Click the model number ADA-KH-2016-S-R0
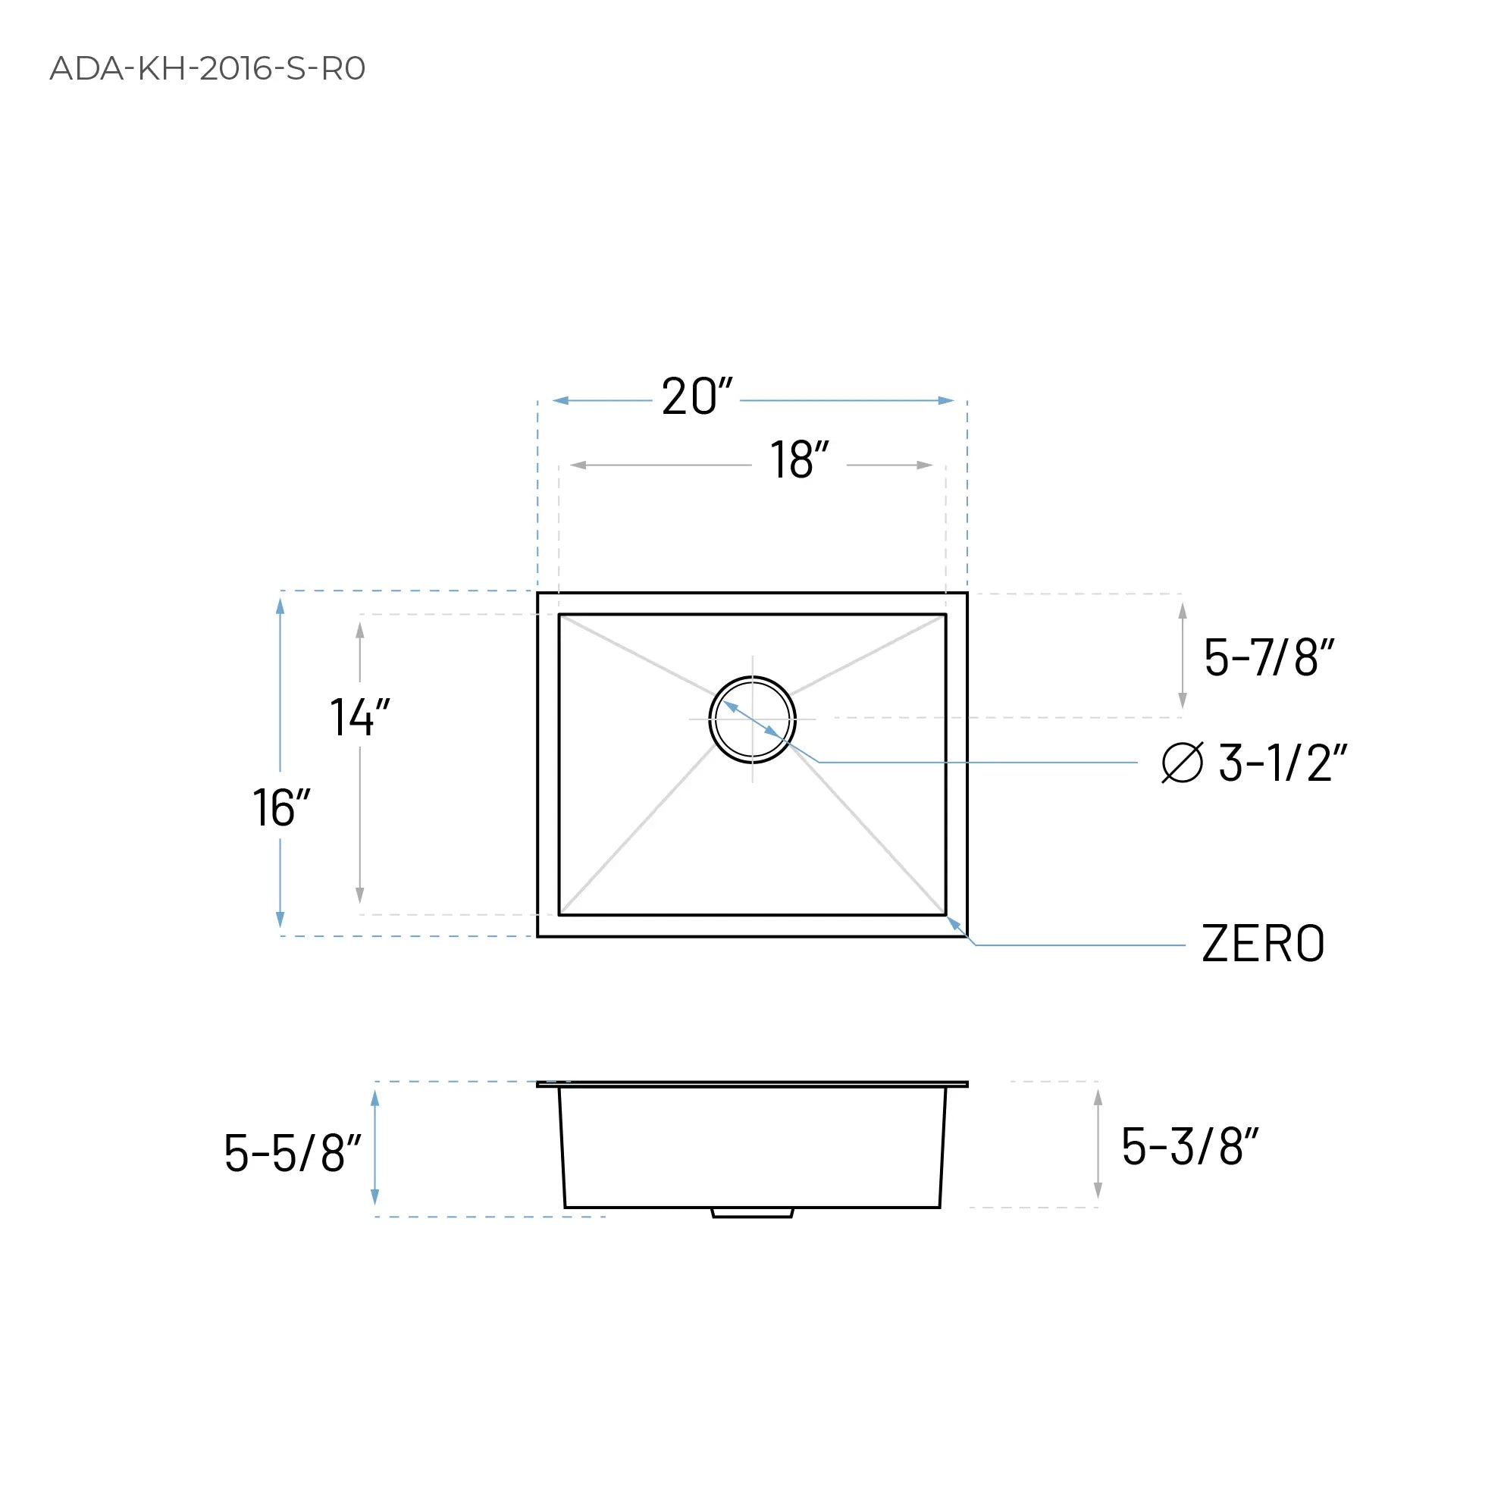tap(207, 68)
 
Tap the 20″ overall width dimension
tap(696, 397)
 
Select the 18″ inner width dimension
tap(799, 460)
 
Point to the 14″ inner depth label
tap(359, 717)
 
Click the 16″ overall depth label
tap(281, 808)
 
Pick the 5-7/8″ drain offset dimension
tap(1268, 657)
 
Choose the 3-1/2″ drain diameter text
tap(1281, 763)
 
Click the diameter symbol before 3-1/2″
tap(1182, 762)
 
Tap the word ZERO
tap(1263, 944)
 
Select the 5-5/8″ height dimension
tap(292, 1153)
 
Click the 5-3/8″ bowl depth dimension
tap(1189, 1147)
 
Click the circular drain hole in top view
tap(752, 719)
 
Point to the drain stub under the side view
tap(752, 1212)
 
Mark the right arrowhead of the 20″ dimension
tap(946, 401)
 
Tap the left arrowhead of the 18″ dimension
tap(578, 465)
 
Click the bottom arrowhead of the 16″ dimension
tap(280, 920)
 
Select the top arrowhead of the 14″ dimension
tap(359, 631)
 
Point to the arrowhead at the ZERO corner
tap(953, 923)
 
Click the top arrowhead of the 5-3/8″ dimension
tap(1098, 1098)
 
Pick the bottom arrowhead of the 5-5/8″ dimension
tap(375, 1196)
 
